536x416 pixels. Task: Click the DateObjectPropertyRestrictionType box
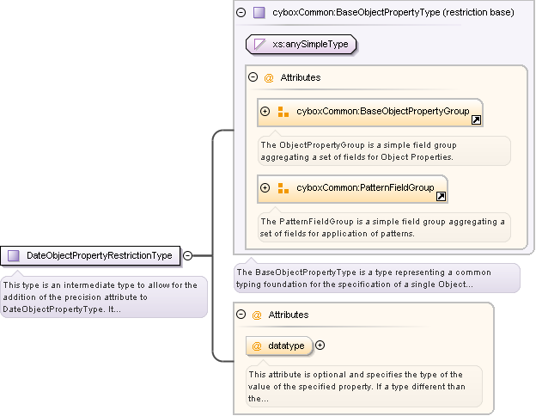click(x=91, y=255)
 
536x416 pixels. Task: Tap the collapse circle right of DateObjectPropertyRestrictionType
click(x=187, y=255)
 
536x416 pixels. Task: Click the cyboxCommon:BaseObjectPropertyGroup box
click(x=369, y=112)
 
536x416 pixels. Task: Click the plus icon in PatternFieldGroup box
click(x=265, y=188)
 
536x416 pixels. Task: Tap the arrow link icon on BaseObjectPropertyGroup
click(x=476, y=120)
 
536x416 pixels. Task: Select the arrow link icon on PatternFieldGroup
click(x=441, y=197)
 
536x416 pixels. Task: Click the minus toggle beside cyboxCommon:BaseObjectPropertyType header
click(x=241, y=13)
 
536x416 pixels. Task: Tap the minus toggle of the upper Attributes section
click(x=253, y=77)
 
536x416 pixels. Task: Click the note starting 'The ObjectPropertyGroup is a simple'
click(x=383, y=150)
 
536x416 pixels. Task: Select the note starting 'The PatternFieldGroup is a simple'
click(x=383, y=227)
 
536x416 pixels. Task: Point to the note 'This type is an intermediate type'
click(x=103, y=297)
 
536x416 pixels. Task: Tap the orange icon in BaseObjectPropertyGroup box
click(x=283, y=112)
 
